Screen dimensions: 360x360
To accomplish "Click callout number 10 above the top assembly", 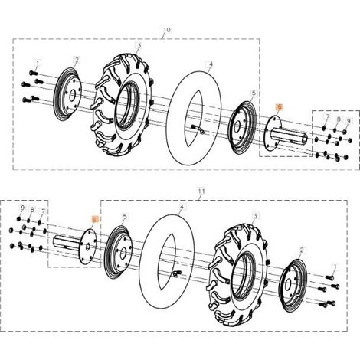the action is pyautogui.click(x=166, y=30).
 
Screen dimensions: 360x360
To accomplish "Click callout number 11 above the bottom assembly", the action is pyautogui.click(x=201, y=191).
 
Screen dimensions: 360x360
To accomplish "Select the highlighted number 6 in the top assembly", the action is pyautogui.click(x=280, y=107).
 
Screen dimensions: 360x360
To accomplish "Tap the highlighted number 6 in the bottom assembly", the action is pyautogui.click(x=94, y=219).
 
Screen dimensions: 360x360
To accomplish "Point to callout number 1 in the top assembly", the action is pyautogui.click(x=38, y=63).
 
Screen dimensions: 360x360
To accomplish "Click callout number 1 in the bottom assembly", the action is pyautogui.click(x=335, y=267).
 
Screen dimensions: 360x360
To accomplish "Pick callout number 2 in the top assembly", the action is pyautogui.click(x=77, y=60).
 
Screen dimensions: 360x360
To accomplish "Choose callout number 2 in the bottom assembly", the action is pyautogui.click(x=302, y=250).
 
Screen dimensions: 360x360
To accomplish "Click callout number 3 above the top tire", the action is pyautogui.click(x=139, y=46).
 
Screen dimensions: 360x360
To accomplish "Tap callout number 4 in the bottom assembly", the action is pyautogui.click(x=182, y=206).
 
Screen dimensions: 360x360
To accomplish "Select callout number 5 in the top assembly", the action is pyautogui.click(x=254, y=93).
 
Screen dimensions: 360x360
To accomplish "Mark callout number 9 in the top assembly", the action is pyautogui.click(x=349, y=120).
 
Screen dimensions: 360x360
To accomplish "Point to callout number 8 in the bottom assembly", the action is pyautogui.click(x=32, y=210).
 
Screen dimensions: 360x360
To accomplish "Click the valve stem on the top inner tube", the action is pyautogui.click(x=198, y=129).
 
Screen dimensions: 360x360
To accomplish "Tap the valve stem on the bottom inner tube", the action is pyautogui.click(x=177, y=273).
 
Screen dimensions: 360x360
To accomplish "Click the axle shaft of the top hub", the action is pyautogui.click(x=289, y=136).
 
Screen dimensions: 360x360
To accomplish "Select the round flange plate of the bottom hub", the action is pyautogui.click(x=87, y=246).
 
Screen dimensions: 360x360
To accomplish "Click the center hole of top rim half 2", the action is pyautogui.click(x=72, y=95).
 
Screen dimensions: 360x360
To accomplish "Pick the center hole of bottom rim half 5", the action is pyautogui.click(x=123, y=253).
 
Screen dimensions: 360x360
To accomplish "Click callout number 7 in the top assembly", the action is pyautogui.click(x=327, y=116).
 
